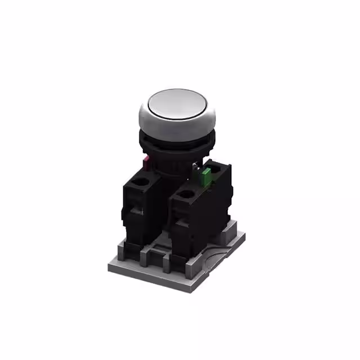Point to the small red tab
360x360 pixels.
[x=147, y=163]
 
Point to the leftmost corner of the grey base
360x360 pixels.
[x=109, y=268]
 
